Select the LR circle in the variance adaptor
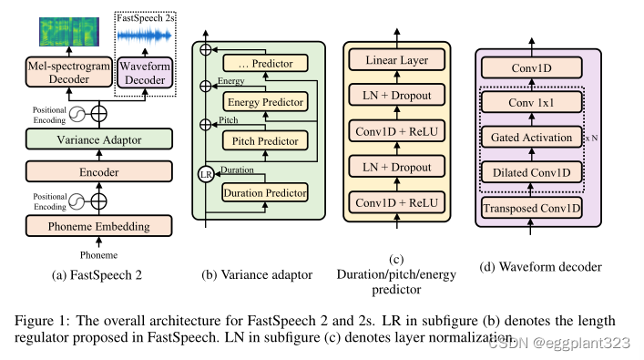point(207,173)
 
